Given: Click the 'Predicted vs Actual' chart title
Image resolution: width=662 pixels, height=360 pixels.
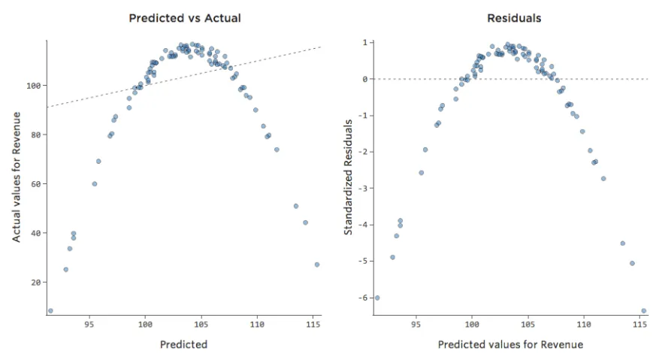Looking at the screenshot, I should tap(185, 17).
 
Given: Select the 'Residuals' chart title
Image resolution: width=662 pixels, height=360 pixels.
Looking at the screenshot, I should tap(514, 17).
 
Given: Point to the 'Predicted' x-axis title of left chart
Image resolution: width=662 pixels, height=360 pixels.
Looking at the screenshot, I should tap(184, 344).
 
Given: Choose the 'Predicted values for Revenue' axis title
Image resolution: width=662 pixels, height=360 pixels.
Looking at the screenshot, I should tap(510, 344).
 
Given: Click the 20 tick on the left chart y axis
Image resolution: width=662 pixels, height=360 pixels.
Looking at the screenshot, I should tap(35, 283).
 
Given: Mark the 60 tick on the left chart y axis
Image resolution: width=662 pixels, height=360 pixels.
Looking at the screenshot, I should tap(35, 184).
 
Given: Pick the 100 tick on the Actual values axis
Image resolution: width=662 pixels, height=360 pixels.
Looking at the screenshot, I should tap(33, 86).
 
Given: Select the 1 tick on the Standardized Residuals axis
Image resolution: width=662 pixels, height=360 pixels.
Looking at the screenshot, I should tap(364, 43).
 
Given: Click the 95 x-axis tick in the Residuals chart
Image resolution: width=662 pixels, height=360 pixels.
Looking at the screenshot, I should tap(416, 325).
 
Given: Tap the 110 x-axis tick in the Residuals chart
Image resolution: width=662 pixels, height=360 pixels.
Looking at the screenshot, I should tap(584, 325).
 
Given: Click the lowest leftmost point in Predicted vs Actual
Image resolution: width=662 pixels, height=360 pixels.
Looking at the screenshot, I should tap(50, 310).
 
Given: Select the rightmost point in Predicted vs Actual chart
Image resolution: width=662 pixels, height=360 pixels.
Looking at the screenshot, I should tap(317, 265).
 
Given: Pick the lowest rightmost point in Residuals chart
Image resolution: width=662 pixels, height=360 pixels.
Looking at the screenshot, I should tap(643, 310).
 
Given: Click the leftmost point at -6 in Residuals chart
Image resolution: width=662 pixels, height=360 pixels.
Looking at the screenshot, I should tap(377, 298).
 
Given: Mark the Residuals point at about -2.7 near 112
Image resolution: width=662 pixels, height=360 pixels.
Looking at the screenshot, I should tap(603, 178).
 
